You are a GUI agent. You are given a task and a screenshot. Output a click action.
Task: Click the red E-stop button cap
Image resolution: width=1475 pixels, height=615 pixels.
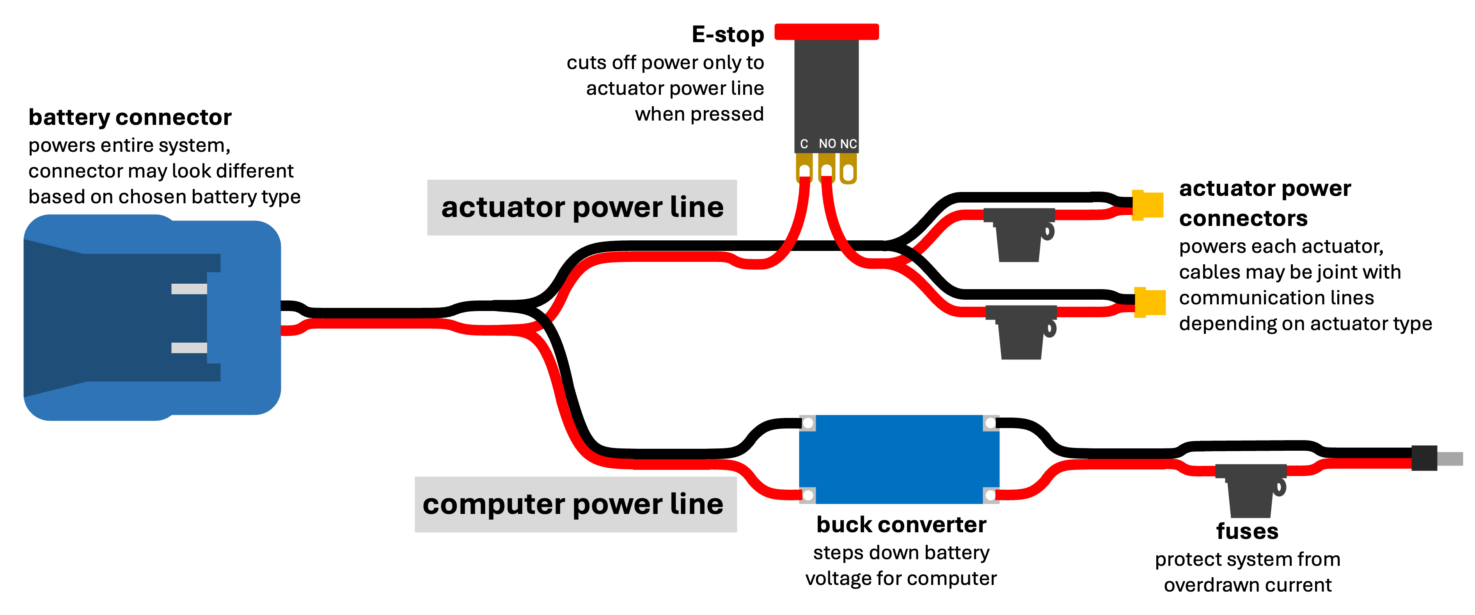coord(826,32)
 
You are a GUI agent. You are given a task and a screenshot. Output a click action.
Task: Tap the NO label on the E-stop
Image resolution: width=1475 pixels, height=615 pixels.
coord(827,144)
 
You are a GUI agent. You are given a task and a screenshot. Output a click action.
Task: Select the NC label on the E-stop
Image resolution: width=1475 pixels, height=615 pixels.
coord(848,144)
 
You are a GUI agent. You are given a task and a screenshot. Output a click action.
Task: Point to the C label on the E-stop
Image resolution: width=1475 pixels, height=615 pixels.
coord(804,144)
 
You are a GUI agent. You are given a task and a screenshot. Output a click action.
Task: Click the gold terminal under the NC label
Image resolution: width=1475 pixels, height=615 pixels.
coord(848,170)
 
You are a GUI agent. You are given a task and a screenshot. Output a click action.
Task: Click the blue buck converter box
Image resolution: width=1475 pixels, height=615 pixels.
coord(899,459)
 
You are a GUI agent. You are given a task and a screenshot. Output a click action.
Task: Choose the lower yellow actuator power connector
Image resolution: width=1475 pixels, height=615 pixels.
coord(1149,302)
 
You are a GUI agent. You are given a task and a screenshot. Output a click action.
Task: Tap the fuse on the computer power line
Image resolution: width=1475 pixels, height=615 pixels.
coord(1251,490)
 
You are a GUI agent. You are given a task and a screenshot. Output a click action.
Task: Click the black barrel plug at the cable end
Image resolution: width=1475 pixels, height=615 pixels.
coord(1424,458)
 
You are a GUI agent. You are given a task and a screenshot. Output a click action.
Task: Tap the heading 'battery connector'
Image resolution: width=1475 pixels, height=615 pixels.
coord(130,117)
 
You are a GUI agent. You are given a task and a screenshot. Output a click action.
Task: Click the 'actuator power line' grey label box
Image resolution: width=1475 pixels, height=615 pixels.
coord(582,207)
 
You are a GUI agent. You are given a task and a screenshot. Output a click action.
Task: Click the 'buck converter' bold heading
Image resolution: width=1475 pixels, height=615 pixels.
coord(901,524)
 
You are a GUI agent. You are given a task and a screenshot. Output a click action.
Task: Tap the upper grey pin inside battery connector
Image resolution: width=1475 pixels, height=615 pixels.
coord(189,289)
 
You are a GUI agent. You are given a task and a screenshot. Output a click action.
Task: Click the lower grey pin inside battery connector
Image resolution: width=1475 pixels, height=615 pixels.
coord(189,348)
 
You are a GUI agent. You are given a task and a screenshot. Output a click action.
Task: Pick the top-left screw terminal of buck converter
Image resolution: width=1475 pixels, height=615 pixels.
coord(808,423)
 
